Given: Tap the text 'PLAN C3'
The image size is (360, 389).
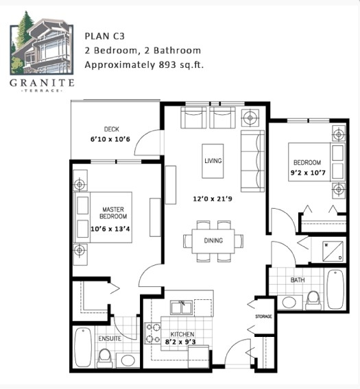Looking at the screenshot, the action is click(x=105, y=36).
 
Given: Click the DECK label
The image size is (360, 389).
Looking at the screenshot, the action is click(x=112, y=129).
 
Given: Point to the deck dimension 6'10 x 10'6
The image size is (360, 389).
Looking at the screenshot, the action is click(x=110, y=139).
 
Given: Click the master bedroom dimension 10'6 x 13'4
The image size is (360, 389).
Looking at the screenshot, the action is click(x=110, y=229).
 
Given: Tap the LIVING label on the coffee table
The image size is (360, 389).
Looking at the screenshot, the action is click(x=213, y=161).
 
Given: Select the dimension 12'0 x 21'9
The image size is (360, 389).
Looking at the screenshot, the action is click(x=213, y=199).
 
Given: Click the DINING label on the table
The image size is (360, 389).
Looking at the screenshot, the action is click(x=213, y=240).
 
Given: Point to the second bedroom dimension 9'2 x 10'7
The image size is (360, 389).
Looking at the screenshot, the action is click(x=308, y=173).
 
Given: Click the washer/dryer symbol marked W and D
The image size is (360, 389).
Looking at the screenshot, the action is click(x=333, y=251).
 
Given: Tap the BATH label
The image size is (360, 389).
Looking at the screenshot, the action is click(x=298, y=280).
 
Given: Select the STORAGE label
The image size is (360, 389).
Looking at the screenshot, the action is click(x=263, y=316).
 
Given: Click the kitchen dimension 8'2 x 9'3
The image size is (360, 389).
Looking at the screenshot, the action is click(x=180, y=342).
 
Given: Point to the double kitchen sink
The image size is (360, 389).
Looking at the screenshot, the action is click(x=181, y=308).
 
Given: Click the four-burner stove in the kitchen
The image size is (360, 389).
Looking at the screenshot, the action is click(x=152, y=333).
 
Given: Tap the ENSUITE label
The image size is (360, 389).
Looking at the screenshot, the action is click(x=110, y=338).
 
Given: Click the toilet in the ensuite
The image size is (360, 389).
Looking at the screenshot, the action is click(x=105, y=358).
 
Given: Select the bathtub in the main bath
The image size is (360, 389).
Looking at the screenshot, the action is click(x=335, y=289).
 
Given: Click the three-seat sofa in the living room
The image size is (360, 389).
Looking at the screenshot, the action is click(x=252, y=161).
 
